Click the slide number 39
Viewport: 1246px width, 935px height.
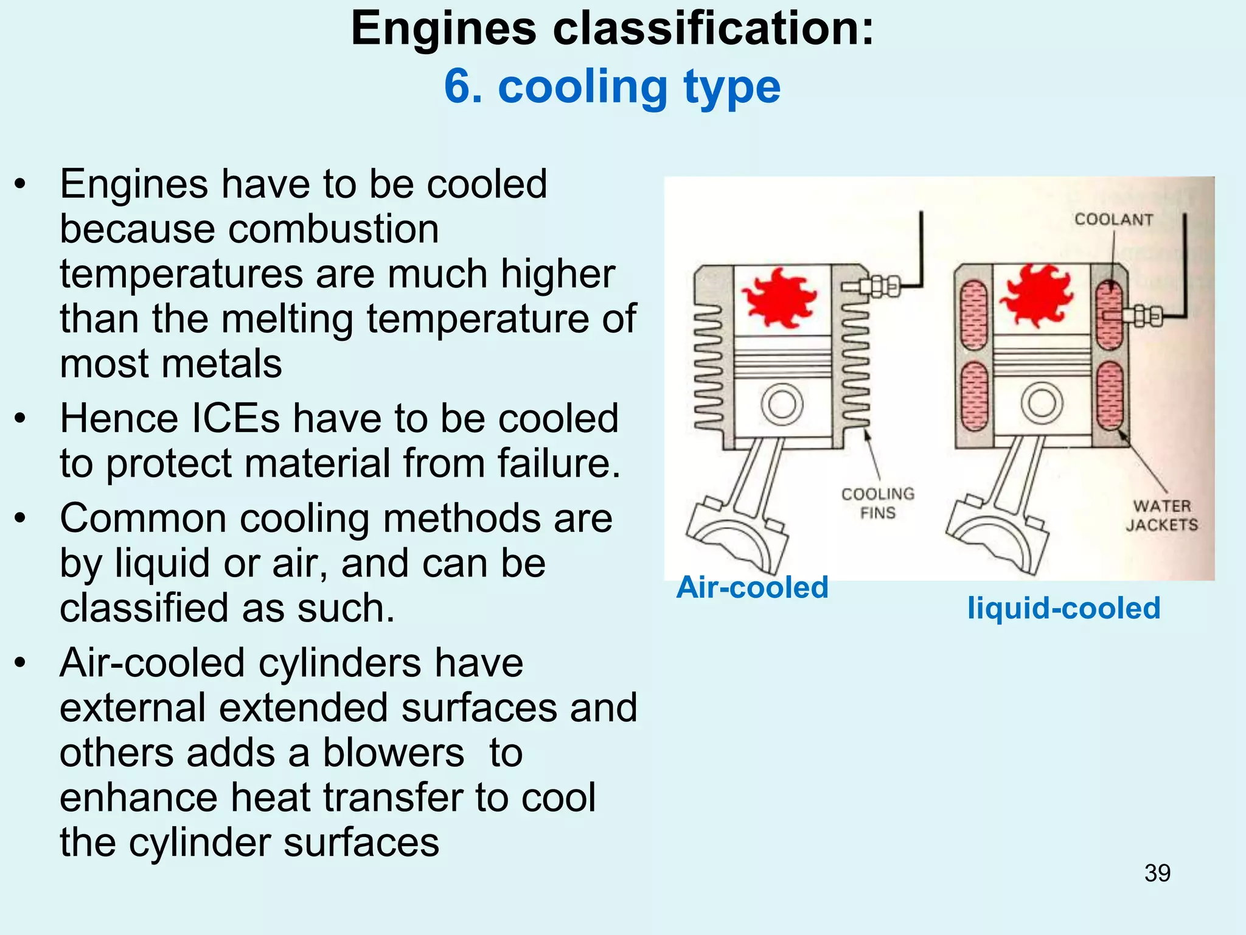click(1157, 873)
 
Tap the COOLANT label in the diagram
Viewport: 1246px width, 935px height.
click(1113, 219)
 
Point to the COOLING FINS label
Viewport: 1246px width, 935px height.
click(878, 503)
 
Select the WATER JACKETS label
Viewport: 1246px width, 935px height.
click(1161, 515)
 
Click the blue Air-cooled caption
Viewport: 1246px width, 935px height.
click(752, 587)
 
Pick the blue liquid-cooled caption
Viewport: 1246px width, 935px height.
click(1064, 608)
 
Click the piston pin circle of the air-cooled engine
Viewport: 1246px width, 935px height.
click(782, 404)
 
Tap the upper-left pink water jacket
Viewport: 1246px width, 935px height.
click(974, 315)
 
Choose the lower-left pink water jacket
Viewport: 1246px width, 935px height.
click(974, 396)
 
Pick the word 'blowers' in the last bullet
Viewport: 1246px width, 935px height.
click(393, 753)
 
